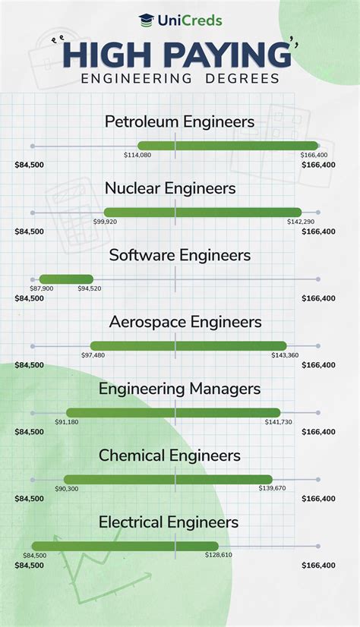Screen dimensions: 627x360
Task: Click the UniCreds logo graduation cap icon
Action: click(145, 20)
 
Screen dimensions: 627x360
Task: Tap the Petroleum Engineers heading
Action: click(179, 121)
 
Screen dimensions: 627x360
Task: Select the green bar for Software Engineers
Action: click(66, 279)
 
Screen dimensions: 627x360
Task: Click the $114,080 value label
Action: click(137, 155)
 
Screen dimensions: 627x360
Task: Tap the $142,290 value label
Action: click(301, 222)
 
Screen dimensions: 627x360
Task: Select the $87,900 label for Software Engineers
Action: click(42, 288)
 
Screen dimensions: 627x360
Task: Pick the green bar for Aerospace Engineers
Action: click(188, 345)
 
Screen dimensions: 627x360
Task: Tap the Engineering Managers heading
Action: click(179, 389)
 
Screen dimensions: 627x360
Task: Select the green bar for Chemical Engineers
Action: click(168, 479)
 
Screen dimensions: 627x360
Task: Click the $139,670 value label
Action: click(272, 489)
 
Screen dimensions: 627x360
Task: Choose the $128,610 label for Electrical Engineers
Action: click(218, 556)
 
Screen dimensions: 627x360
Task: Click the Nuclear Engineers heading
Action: click(170, 188)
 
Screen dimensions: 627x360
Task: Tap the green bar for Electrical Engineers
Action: click(125, 546)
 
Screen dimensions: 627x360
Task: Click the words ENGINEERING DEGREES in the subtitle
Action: click(179, 78)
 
